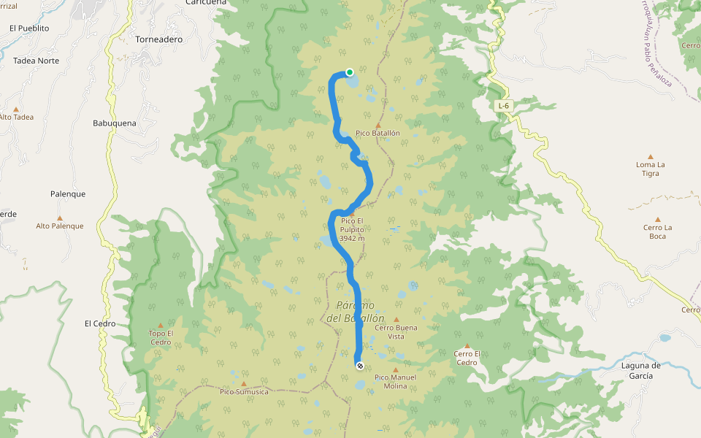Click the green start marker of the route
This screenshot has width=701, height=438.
[x=350, y=72]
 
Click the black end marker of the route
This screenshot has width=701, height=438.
[x=359, y=366]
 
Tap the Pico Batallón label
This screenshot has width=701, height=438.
[x=378, y=133]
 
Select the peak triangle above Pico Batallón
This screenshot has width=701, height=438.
[x=378, y=126]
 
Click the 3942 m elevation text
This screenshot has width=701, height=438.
[x=352, y=239]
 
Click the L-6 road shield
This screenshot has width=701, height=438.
[x=503, y=106]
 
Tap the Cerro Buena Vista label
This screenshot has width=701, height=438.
[x=396, y=332]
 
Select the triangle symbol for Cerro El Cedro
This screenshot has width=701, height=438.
[x=467, y=346]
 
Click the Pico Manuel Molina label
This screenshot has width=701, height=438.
[x=395, y=382]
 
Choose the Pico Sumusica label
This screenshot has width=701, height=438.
[x=244, y=392]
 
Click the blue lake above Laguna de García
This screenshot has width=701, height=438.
[x=664, y=338]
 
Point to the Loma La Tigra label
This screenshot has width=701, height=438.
[x=651, y=169]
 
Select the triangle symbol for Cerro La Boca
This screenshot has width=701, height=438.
[x=657, y=219]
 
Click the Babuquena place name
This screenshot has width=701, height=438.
[x=115, y=123]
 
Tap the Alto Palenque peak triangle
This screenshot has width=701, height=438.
[x=60, y=218]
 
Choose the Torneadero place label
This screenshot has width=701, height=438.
[x=159, y=39]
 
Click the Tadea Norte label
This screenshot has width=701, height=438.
[x=37, y=61]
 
